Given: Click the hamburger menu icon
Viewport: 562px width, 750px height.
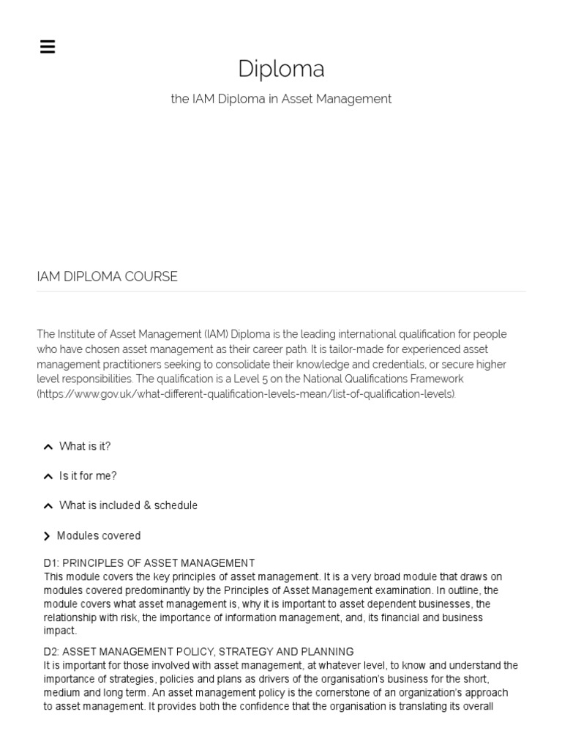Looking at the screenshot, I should pos(48,47).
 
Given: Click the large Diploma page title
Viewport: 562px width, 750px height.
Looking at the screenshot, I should pos(281,69).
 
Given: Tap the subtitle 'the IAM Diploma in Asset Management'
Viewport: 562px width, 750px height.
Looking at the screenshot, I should pos(281,99).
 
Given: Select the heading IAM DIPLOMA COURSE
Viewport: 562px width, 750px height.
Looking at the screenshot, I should pos(107,277).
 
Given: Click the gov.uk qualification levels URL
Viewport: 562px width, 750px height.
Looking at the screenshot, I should pos(246,394).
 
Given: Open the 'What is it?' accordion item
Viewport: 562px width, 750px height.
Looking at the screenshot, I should pos(85,447).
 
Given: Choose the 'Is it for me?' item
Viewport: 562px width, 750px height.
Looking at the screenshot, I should pos(88,476).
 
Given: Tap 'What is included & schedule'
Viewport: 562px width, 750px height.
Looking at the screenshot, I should pos(128,505).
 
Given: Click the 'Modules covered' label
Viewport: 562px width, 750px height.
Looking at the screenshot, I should pos(99,536).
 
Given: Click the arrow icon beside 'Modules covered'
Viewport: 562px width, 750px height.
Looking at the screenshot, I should pos(48,536).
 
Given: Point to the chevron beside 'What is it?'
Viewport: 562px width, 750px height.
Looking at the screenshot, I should pos(48,447).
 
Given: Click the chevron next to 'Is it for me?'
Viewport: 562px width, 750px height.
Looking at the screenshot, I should pos(48,476).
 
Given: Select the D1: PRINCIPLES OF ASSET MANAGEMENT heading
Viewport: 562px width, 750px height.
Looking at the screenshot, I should pos(149,563).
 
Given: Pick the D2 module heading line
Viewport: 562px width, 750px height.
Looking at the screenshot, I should pos(198,652).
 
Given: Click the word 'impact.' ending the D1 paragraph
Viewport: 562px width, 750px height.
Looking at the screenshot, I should pos(60,631).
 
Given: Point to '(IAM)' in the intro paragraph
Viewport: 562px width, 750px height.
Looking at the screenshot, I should pos(217,335).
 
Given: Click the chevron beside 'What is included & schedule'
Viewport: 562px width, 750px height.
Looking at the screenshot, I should pos(48,505).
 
